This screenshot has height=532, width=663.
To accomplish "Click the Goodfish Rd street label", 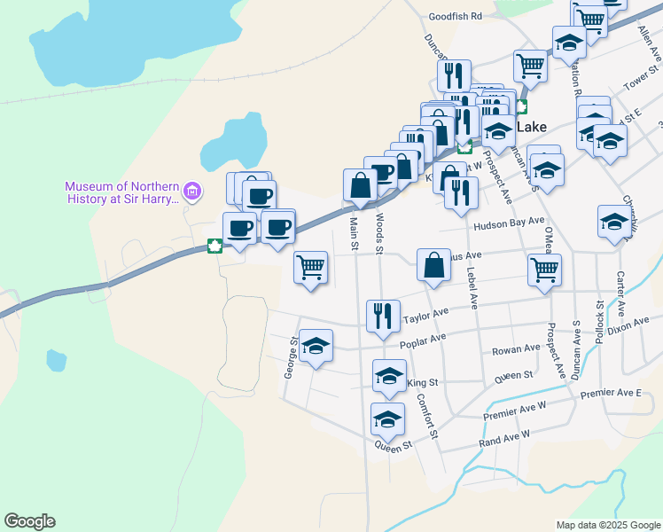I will tap(455, 16).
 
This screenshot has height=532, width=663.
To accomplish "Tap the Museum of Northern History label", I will tap(121, 192).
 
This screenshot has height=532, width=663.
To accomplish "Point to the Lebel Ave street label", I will tap(472, 290).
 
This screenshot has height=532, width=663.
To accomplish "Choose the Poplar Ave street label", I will tap(423, 341).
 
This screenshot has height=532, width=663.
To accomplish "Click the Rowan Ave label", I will tap(516, 349).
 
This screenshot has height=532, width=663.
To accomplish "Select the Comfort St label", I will tap(427, 415).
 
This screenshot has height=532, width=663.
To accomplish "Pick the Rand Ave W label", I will tap(503, 435).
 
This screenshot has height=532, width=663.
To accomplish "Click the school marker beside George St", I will tap(316, 347).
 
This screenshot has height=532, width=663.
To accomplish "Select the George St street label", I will tap(290, 356).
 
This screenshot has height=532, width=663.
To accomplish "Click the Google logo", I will tap(29, 521).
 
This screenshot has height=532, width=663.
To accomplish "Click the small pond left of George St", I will tap(56, 361).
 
